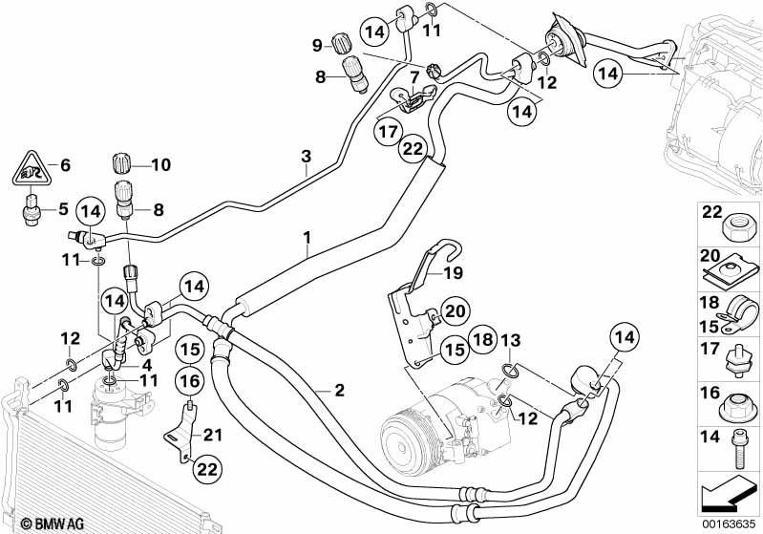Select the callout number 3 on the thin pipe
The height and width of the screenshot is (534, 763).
(x=306, y=156)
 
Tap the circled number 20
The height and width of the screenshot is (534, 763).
(x=455, y=310)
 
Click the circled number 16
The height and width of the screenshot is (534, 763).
(x=189, y=382)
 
